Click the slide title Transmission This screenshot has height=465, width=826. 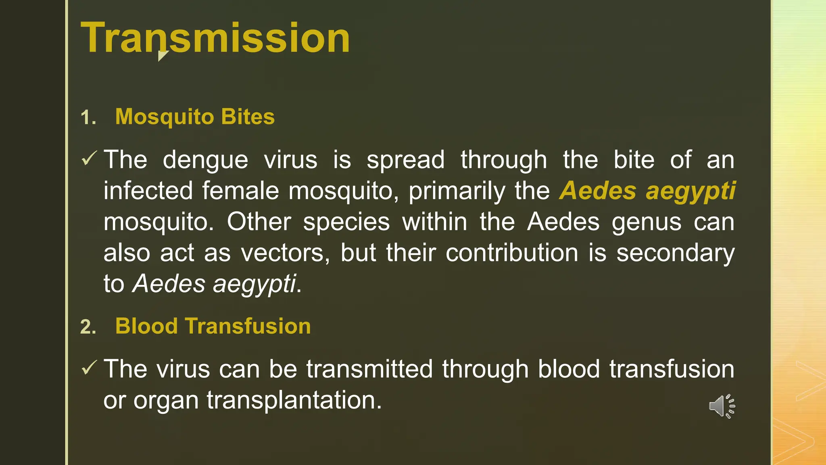pos(215,38)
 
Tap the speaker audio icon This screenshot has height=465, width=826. pos(722,406)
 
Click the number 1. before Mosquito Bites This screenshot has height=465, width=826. pos(88,118)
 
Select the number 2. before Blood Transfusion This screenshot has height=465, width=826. pos(88,327)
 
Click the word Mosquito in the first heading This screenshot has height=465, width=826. pos(164,117)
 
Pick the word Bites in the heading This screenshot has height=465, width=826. pos(248,117)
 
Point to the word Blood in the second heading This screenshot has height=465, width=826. pos(146,326)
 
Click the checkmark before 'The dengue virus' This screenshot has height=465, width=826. pos(89,158)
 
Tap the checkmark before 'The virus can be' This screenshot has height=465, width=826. pos(89,367)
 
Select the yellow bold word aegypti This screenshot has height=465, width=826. pos(690,191)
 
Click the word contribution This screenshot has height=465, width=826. pos(512,253)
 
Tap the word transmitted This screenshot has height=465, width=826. pos(369,369)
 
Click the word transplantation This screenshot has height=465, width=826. pos(294,400)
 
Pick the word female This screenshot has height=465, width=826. pos(240,191)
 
